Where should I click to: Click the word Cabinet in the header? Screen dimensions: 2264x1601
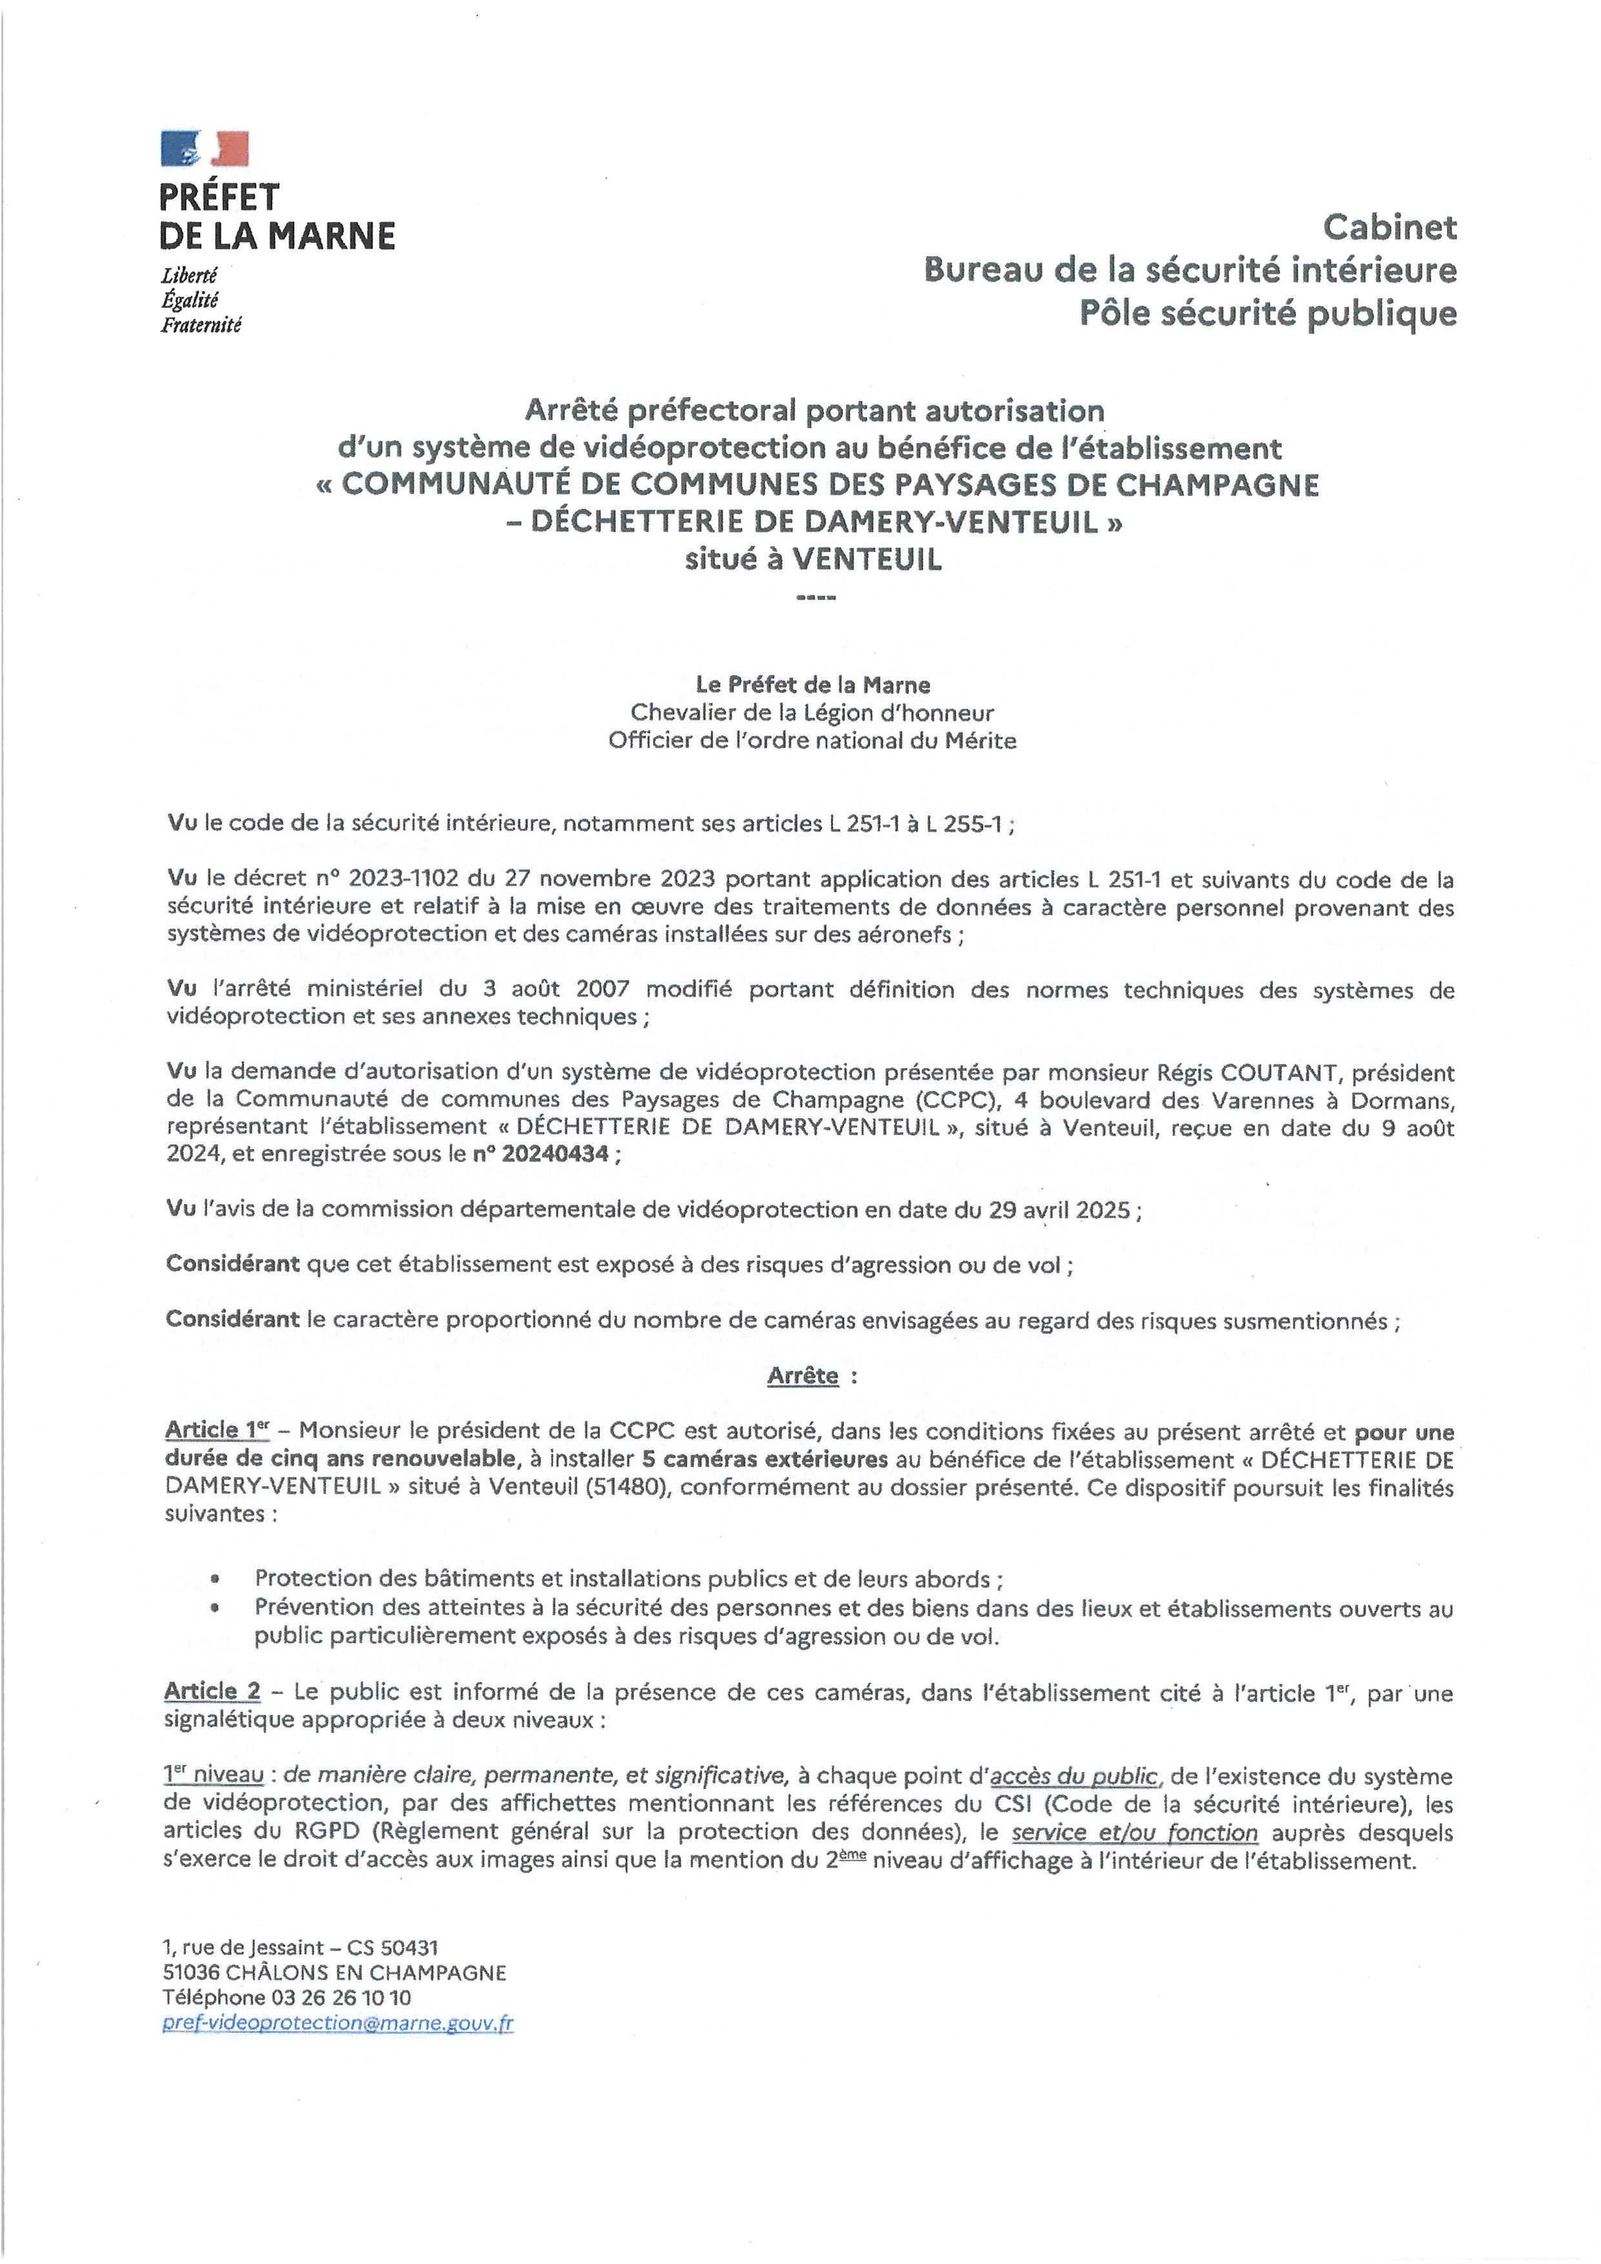[x=1389, y=228]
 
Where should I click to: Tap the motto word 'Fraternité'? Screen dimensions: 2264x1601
[x=201, y=325]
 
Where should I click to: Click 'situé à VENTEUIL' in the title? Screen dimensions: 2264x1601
[x=813, y=559]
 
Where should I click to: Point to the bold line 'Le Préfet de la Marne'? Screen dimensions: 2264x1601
[x=813, y=684]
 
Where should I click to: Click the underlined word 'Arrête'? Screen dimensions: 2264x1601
[x=802, y=1376]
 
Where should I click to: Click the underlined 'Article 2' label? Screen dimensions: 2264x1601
[x=212, y=1691]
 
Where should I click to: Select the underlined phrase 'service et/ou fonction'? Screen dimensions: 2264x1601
[x=1135, y=1833]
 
